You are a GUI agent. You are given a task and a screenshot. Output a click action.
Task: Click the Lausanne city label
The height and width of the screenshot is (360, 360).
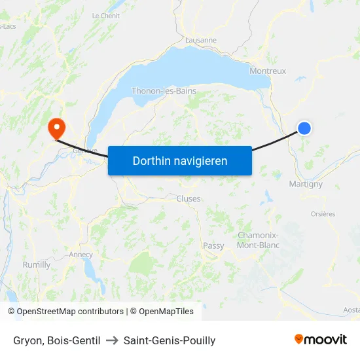coord(201,40)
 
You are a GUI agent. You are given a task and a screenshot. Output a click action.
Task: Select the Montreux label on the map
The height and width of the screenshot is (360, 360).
coord(268,71)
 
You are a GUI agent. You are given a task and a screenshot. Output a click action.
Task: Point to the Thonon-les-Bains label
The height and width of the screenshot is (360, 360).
coord(164,91)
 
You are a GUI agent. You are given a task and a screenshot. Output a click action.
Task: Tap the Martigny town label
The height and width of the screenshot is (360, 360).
coord(306,184)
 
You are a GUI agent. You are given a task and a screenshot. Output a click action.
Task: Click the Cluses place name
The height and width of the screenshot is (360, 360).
coord(189,198)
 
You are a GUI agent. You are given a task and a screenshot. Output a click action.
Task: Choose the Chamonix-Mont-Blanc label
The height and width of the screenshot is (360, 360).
coord(258,240)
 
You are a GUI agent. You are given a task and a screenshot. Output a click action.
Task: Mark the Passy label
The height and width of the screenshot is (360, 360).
coord(213,246)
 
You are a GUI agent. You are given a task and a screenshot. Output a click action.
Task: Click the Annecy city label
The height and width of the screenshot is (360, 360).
coord(81,255)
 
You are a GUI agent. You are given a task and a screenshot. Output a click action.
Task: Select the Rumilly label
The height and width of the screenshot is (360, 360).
coord(37,265)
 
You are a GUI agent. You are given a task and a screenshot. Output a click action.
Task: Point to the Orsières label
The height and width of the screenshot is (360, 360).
coord(322,214)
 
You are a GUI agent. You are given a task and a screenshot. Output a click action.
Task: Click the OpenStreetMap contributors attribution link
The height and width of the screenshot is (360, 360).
coord(70,312)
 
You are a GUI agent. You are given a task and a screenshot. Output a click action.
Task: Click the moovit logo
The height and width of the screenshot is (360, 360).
coord(320,339)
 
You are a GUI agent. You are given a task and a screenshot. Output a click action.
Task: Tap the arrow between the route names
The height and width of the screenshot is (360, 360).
coord(111,340)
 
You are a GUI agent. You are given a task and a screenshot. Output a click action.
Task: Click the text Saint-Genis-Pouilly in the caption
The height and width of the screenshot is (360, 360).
coord(170,340)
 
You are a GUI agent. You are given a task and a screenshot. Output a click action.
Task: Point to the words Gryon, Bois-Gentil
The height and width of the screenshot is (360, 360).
coord(57,340)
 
